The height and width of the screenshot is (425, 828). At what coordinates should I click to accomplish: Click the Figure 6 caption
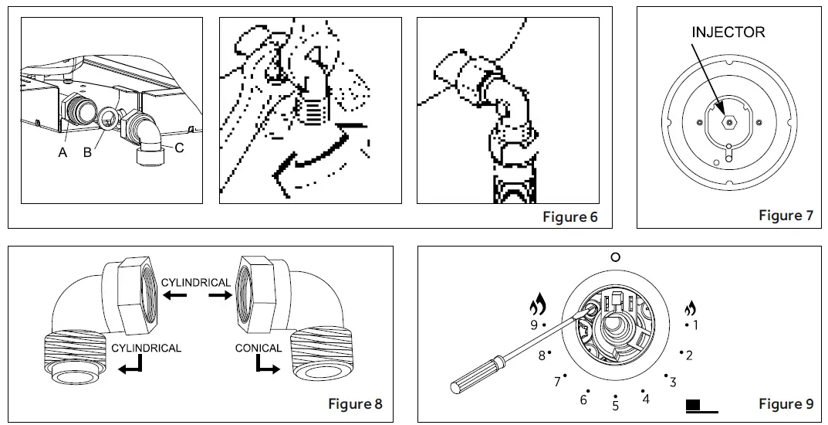[569, 217]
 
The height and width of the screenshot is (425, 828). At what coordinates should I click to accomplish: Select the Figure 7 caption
[786, 216]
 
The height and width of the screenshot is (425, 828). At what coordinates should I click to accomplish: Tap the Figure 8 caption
[355, 403]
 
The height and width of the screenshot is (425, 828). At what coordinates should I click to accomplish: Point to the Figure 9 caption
[786, 403]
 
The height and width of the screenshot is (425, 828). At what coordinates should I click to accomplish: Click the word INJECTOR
[728, 32]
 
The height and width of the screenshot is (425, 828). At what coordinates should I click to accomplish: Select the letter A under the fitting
[63, 152]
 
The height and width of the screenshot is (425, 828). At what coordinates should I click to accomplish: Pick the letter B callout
[87, 152]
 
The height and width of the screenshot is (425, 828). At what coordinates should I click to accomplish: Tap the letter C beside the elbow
[179, 147]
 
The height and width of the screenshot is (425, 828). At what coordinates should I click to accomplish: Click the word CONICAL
[259, 348]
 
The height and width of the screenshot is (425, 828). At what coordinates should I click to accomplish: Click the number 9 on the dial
[533, 325]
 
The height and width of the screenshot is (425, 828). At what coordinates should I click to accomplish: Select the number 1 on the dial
[695, 325]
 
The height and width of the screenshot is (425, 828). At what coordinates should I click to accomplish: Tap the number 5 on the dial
[615, 406]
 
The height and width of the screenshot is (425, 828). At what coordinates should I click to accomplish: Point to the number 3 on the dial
[673, 382]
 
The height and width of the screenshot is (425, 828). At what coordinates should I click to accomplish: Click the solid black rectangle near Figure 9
[692, 404]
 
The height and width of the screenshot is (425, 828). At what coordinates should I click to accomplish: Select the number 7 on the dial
[557, 382]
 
